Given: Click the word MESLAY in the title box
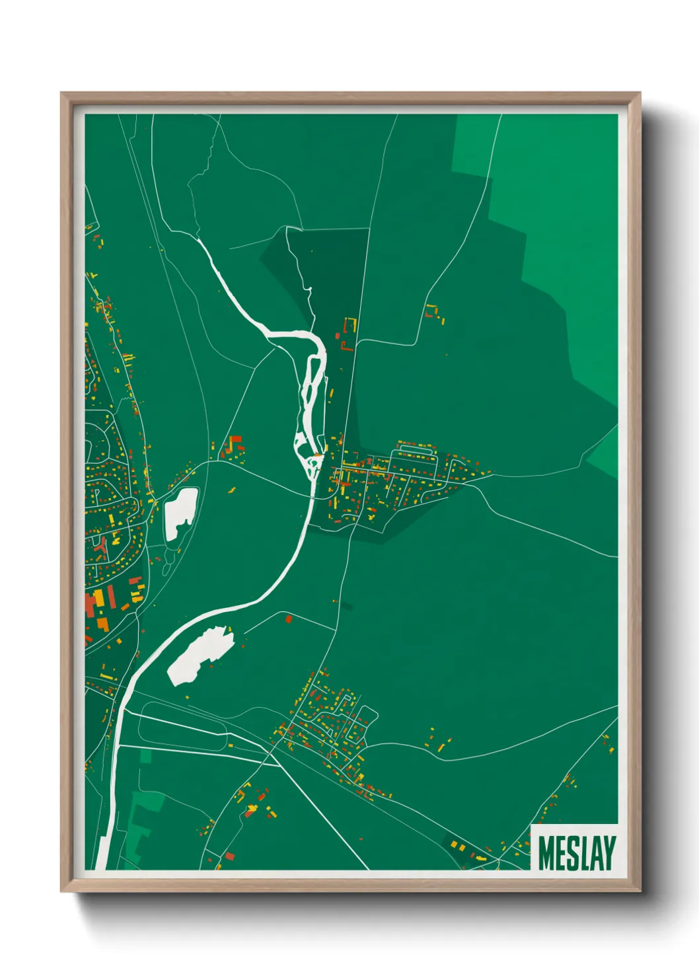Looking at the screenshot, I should tap(577, 853).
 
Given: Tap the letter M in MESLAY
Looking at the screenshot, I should tap(546, 853).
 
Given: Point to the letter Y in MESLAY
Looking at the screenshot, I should tap(608, 853).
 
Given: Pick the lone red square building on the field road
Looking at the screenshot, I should tap(289, 619).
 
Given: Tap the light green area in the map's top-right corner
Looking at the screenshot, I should tap(568, 198).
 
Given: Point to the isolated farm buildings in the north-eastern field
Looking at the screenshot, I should tap(434, 313).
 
